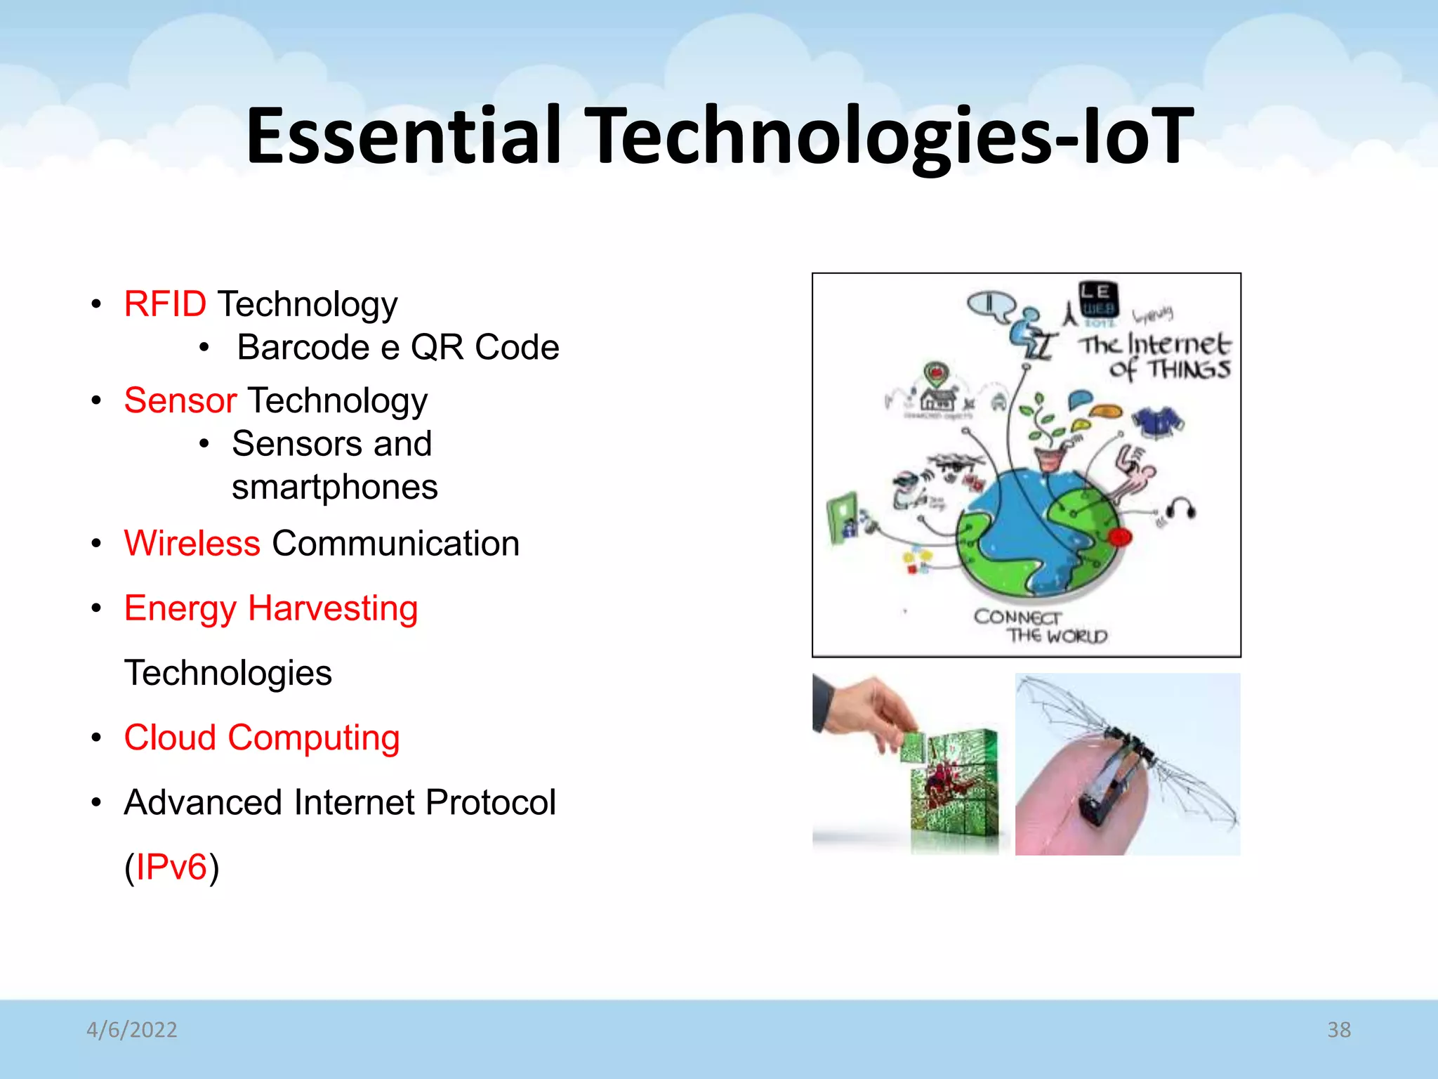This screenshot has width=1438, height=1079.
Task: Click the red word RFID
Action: pyautogui.click(x=165, y=305)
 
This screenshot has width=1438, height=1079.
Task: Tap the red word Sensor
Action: pyautogui.click(x=180, y=401)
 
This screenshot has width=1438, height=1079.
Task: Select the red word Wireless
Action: pyautogui.click(x=192, y=544)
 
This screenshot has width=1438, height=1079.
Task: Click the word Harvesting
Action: pyautogui.click(x=333, y=608)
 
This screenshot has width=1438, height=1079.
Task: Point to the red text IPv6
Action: pyautogui.click(x=171, y=867)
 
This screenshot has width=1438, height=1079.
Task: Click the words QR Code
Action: pyautogui.click(x=484, y=348)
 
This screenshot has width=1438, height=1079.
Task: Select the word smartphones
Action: pyautogui.click(x=335, y=488)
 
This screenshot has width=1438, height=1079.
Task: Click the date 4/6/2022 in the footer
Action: pyautogui.click(x=132, y=1030)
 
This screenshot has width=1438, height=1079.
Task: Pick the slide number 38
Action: pyautogui.click(x=1338, y=1030)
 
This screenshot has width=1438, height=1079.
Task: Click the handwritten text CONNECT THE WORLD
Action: pyautogui.click(x=1039, y=627)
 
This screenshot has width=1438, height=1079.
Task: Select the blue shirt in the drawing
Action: pyautogui.click(x=1158, y=421)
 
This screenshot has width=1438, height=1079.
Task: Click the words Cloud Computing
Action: pyautogui.click(x=262, y=738)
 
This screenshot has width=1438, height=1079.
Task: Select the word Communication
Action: pyautogui.click(x=395, y=544)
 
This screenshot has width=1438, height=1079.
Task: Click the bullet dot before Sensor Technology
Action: pyautogui.click(x=97, y=401)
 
